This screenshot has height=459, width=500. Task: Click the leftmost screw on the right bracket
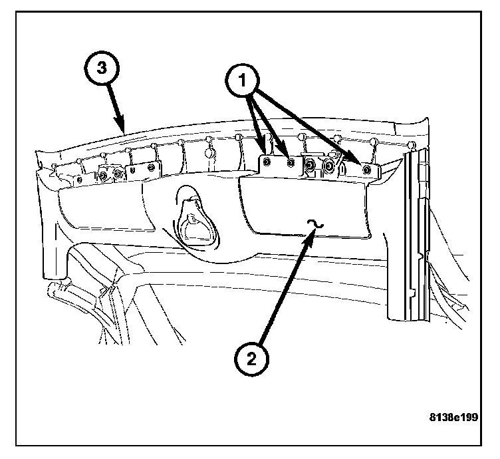266,161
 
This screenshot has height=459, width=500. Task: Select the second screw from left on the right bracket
289,161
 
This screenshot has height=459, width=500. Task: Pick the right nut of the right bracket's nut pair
328,164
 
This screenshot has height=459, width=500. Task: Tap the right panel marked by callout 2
306,206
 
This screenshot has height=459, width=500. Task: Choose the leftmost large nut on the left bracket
105,176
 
